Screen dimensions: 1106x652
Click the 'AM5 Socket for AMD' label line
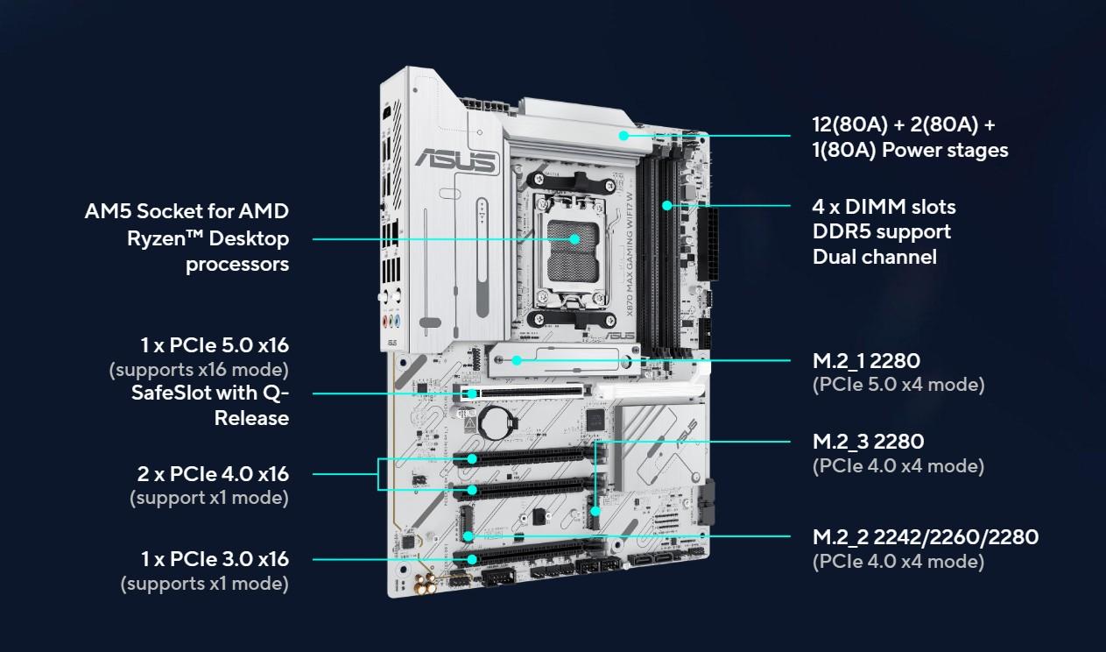coord(187,211)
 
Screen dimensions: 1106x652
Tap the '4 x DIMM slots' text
coord(884,207)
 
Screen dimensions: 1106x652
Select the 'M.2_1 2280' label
coord(866,360)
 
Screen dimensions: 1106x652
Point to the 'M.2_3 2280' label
coord(868,442)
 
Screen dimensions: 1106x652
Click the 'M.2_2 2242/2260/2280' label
coord(926,537)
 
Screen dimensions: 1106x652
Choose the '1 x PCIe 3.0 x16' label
coord(215,559)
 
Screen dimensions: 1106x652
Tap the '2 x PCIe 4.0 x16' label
coord(213,474)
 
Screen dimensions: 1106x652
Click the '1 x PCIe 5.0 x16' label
coord(215,345)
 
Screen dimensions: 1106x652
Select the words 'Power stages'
coord(945,150)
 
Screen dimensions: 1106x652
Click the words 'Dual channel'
coord(875,257)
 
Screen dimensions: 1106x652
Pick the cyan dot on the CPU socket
coord(574,239)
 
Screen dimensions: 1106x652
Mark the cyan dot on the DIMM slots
coord(667,205)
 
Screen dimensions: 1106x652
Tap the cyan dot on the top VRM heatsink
coord(623,135)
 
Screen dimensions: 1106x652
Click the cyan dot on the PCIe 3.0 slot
coord(472,560)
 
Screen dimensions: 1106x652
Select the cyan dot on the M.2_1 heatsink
coord(517,360)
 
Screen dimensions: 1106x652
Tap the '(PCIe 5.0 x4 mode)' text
coord(898,385)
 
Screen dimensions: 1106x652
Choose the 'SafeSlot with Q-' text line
coord(210,393)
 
